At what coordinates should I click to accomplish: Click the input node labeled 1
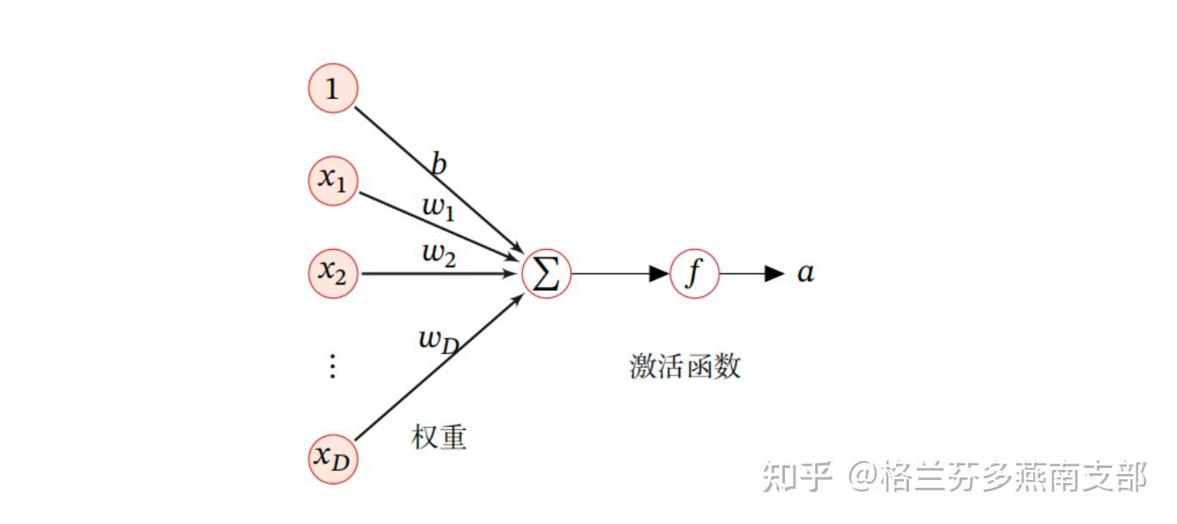click(333, 88)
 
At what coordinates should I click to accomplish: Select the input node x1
click(333, 181)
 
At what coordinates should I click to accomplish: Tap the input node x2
click(333, 273)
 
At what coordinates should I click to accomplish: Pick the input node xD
click(333, 458)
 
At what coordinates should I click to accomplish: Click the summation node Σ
click(546, 273)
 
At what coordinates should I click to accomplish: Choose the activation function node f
click(694, 273)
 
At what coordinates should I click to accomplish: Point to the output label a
click(806, 273)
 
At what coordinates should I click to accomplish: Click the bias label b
click(439, 163)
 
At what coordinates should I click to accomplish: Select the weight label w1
click(439, 208)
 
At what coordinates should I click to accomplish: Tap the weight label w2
click(439, 254)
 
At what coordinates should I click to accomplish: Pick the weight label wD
click(439, 341)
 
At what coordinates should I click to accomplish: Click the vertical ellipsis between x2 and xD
click(333, 365)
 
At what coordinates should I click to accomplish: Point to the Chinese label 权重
click(439, 437)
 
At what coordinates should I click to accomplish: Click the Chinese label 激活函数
click(685, 365)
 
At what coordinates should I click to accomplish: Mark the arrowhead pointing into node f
click(659, 273)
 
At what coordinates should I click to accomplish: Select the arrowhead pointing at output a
click(775, 273)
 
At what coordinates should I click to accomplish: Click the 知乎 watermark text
click(796, 477)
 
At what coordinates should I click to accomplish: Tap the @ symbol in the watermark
click(864, 477)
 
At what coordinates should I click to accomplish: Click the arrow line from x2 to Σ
click(439, 273)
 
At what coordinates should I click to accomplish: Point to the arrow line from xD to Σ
click(439, 367)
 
